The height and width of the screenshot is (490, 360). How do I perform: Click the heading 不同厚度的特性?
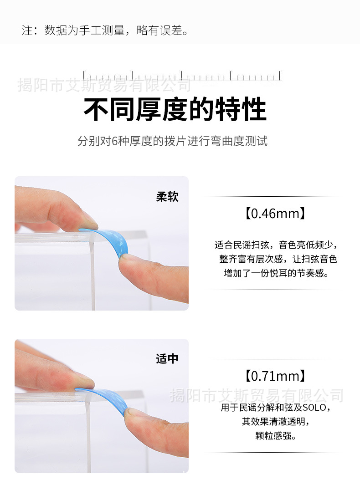tap(175, 110)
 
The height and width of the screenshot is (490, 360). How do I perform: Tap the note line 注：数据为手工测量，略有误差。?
tap(105, 31)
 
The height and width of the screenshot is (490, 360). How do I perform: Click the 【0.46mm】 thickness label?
tap(273, 213)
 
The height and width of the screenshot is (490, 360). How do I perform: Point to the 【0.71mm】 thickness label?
tap(273, 376)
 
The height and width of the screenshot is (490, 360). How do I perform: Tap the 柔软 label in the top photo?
tap(167, 197)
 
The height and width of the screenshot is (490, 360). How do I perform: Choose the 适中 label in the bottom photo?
tap(167, 359)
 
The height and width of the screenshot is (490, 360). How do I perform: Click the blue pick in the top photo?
tap(114, 241)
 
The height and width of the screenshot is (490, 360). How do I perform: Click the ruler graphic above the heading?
tap(182, 76)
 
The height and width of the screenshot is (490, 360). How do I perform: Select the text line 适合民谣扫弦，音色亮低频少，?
tap(276, 245)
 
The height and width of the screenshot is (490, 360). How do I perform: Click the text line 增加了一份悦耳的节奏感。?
tap(276, 273)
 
